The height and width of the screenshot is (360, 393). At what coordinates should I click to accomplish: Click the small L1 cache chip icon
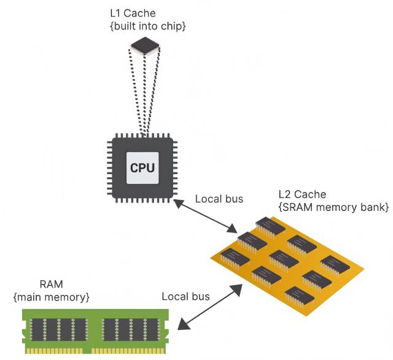click(146, 45)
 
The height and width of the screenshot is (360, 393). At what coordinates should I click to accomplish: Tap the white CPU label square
click(142, 168)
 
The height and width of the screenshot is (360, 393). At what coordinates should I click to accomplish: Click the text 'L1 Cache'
click(133, 13)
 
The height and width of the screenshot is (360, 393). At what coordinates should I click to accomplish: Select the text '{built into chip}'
click(148, 26)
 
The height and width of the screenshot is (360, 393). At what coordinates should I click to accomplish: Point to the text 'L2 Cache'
click(302, 194)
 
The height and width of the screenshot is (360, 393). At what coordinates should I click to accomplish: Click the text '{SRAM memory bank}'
click(333, 207)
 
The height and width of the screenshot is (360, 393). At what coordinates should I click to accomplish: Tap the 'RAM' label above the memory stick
click(52, 285)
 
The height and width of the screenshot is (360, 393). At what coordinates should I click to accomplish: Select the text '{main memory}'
click(52, 297)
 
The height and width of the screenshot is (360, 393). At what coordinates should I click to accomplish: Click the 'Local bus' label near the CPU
click(219, 199)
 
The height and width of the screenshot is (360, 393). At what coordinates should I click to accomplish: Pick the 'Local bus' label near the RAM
click(185, 296)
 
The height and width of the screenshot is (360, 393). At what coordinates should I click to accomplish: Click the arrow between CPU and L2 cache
click(205, 216)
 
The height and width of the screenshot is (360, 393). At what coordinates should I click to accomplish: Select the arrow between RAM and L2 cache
click(210, 307)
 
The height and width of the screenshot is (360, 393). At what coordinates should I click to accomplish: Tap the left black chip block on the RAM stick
click(59, 330)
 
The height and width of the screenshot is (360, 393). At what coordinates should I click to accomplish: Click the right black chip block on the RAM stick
click(131, 330)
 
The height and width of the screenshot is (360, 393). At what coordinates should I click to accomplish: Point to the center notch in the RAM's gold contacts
click(87, 350)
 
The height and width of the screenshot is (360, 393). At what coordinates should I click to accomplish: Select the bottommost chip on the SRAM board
click(299, 296)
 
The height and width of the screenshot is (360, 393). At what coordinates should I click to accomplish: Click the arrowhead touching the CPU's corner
click(179, 204)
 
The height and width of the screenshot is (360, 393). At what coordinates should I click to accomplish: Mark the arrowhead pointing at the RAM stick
click(184, 324)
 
